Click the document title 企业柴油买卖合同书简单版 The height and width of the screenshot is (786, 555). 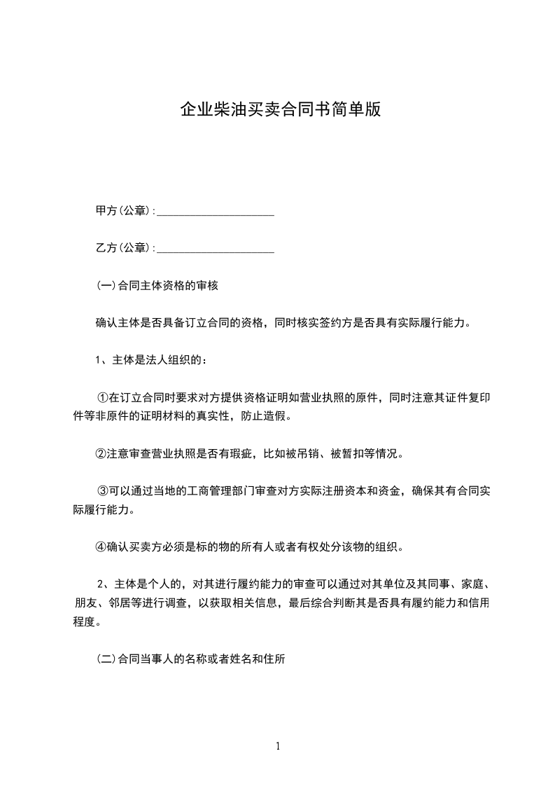point(280,109)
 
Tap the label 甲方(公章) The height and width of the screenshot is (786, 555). point(122,209)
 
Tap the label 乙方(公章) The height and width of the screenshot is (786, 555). point(122,247)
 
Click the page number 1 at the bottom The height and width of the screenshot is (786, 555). point(278,746)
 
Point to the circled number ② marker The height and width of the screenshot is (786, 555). point(101,454)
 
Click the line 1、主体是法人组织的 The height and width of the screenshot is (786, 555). point(150,360)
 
